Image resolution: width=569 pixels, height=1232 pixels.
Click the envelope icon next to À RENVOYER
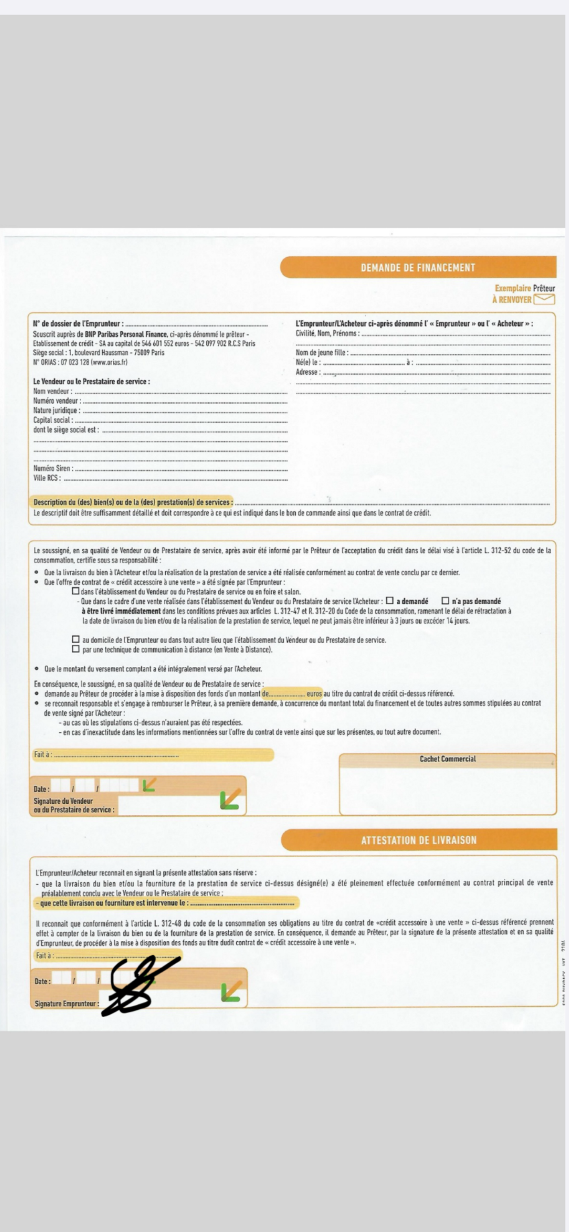coord(544,299)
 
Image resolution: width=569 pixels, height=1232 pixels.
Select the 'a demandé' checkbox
coord(390,601)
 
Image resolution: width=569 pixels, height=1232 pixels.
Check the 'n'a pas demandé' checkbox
coord(445,601)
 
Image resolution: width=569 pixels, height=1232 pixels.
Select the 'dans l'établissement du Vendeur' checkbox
coord(76,591)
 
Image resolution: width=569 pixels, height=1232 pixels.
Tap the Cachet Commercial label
coord(448,759)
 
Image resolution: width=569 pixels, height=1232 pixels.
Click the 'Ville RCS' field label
coord(47,478)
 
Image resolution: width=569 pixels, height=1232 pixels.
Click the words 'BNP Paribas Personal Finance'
coord(126,334)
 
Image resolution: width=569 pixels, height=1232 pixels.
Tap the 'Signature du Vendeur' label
coord(63,801)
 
